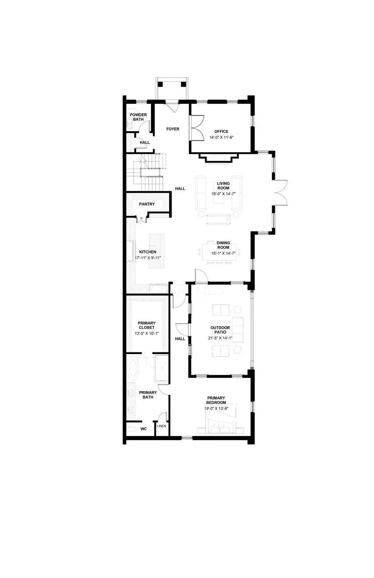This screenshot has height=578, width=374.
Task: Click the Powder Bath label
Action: click(x=138, y=117)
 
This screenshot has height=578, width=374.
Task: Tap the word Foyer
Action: click(x=173, y=129)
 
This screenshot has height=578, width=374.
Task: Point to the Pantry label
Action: click(x=147, y=204)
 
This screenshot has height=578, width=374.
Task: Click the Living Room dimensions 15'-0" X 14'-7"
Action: click(x=223, y=193)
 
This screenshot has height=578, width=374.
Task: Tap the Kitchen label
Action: click(x=148, y=252)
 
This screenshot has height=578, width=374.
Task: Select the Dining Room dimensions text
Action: click(x=223, y=253)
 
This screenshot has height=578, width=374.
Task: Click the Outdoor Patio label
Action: click(x=220, y=330)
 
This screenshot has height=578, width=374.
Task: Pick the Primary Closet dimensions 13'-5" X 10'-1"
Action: click(x=147, y=333)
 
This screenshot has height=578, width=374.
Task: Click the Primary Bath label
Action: click(x=148, y=395)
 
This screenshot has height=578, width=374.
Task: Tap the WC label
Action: click(x=143, y=429)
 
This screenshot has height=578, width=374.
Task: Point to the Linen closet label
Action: click(x=162, y=426)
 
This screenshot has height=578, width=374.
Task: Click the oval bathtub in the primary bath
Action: click(x=134, y=368)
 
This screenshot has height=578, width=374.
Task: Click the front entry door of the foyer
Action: click(x=172, y=106)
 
